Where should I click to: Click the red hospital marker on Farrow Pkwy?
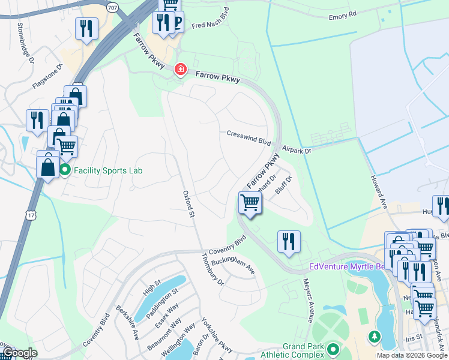(x=179, y=70)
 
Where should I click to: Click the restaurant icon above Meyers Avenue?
(x=289, y=241)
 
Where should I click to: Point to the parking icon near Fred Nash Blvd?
(x=176, y=23)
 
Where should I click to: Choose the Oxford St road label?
(x=189, y=204)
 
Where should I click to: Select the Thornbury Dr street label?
(x=212, y=269)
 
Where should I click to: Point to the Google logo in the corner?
(x=20, y=353)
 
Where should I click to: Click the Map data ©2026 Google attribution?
(x=411, y=355)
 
